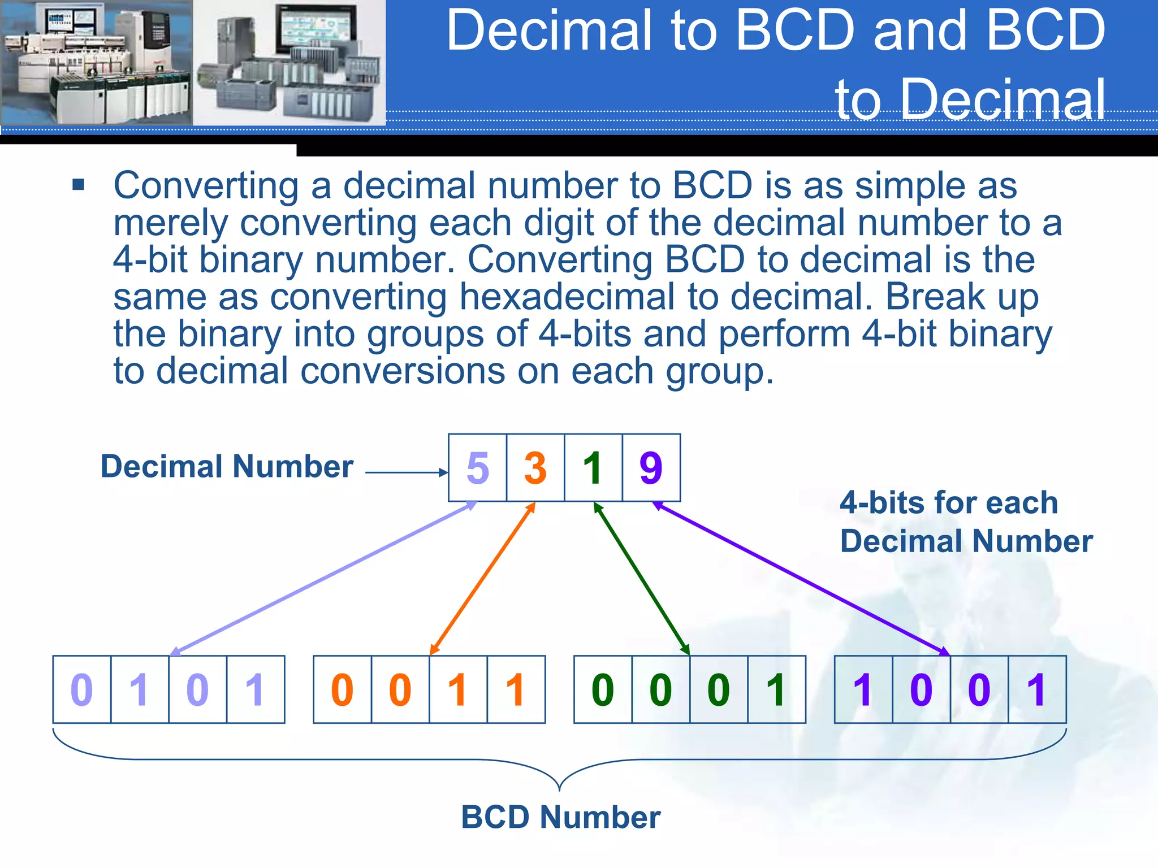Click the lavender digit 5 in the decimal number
point(478,468)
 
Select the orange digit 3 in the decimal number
point(535,468)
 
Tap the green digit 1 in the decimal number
point(593,468)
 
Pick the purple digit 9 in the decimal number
point(651,468)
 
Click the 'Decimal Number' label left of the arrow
point(227,467)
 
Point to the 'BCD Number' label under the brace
point(560,817)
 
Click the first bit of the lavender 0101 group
point(81,690)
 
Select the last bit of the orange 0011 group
point(515,690)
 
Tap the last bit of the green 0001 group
point(776,690)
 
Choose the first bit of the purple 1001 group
point(863,690)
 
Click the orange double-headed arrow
point(482,579)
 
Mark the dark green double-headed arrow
point(642,579)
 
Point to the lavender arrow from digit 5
point(323,579)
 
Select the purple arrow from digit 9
point(801,579)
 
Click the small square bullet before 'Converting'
point(78,185)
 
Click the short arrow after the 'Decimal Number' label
point(406,472)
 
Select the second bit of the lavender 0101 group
point(139,690)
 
